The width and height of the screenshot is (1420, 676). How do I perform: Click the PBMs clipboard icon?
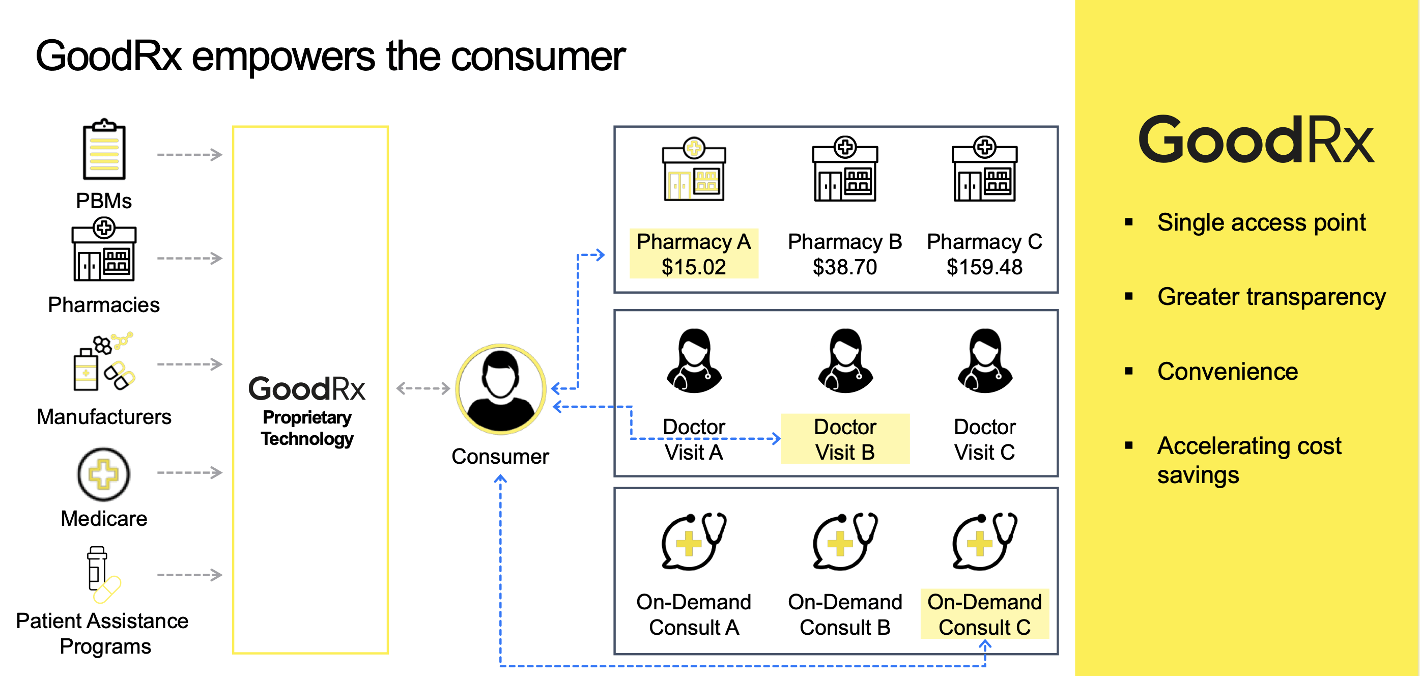click(104, 150)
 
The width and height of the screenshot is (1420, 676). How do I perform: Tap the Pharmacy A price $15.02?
click(694, 267)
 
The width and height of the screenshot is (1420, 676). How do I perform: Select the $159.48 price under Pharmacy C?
click(984, 267)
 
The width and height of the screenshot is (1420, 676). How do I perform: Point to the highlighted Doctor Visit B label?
click(844, 439)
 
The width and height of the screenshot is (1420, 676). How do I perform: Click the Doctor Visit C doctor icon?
click(984, 361)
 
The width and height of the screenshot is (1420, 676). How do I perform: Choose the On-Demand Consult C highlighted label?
click(984, 614)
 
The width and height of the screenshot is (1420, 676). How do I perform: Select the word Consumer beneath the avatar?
click(500, 457)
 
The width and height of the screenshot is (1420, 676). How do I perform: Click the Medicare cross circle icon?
click(104, 473)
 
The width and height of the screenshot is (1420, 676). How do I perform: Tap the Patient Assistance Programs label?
click(103, 633)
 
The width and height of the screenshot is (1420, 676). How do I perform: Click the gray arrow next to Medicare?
click(189, 472)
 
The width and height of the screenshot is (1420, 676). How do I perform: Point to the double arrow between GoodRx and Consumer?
click(423, 388)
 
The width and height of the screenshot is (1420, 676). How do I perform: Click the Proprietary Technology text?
click(307, 428)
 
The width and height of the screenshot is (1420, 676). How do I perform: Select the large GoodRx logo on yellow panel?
click(1255, 140)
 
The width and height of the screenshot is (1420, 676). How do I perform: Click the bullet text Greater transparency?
click(1270, 297)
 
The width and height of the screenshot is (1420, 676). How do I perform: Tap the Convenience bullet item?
click(1227, 372)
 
